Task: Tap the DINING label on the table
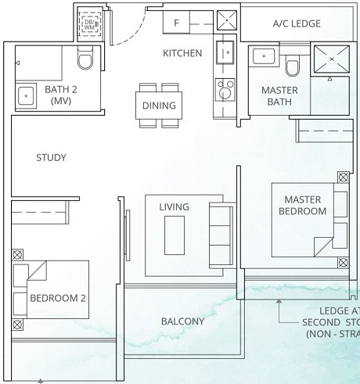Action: point(159,106)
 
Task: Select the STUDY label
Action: point(51,158)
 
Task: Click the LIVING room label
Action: point(174,206)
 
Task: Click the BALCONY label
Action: point(182,321)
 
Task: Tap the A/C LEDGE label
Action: point(297,24)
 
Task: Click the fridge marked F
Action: point(177,23)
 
